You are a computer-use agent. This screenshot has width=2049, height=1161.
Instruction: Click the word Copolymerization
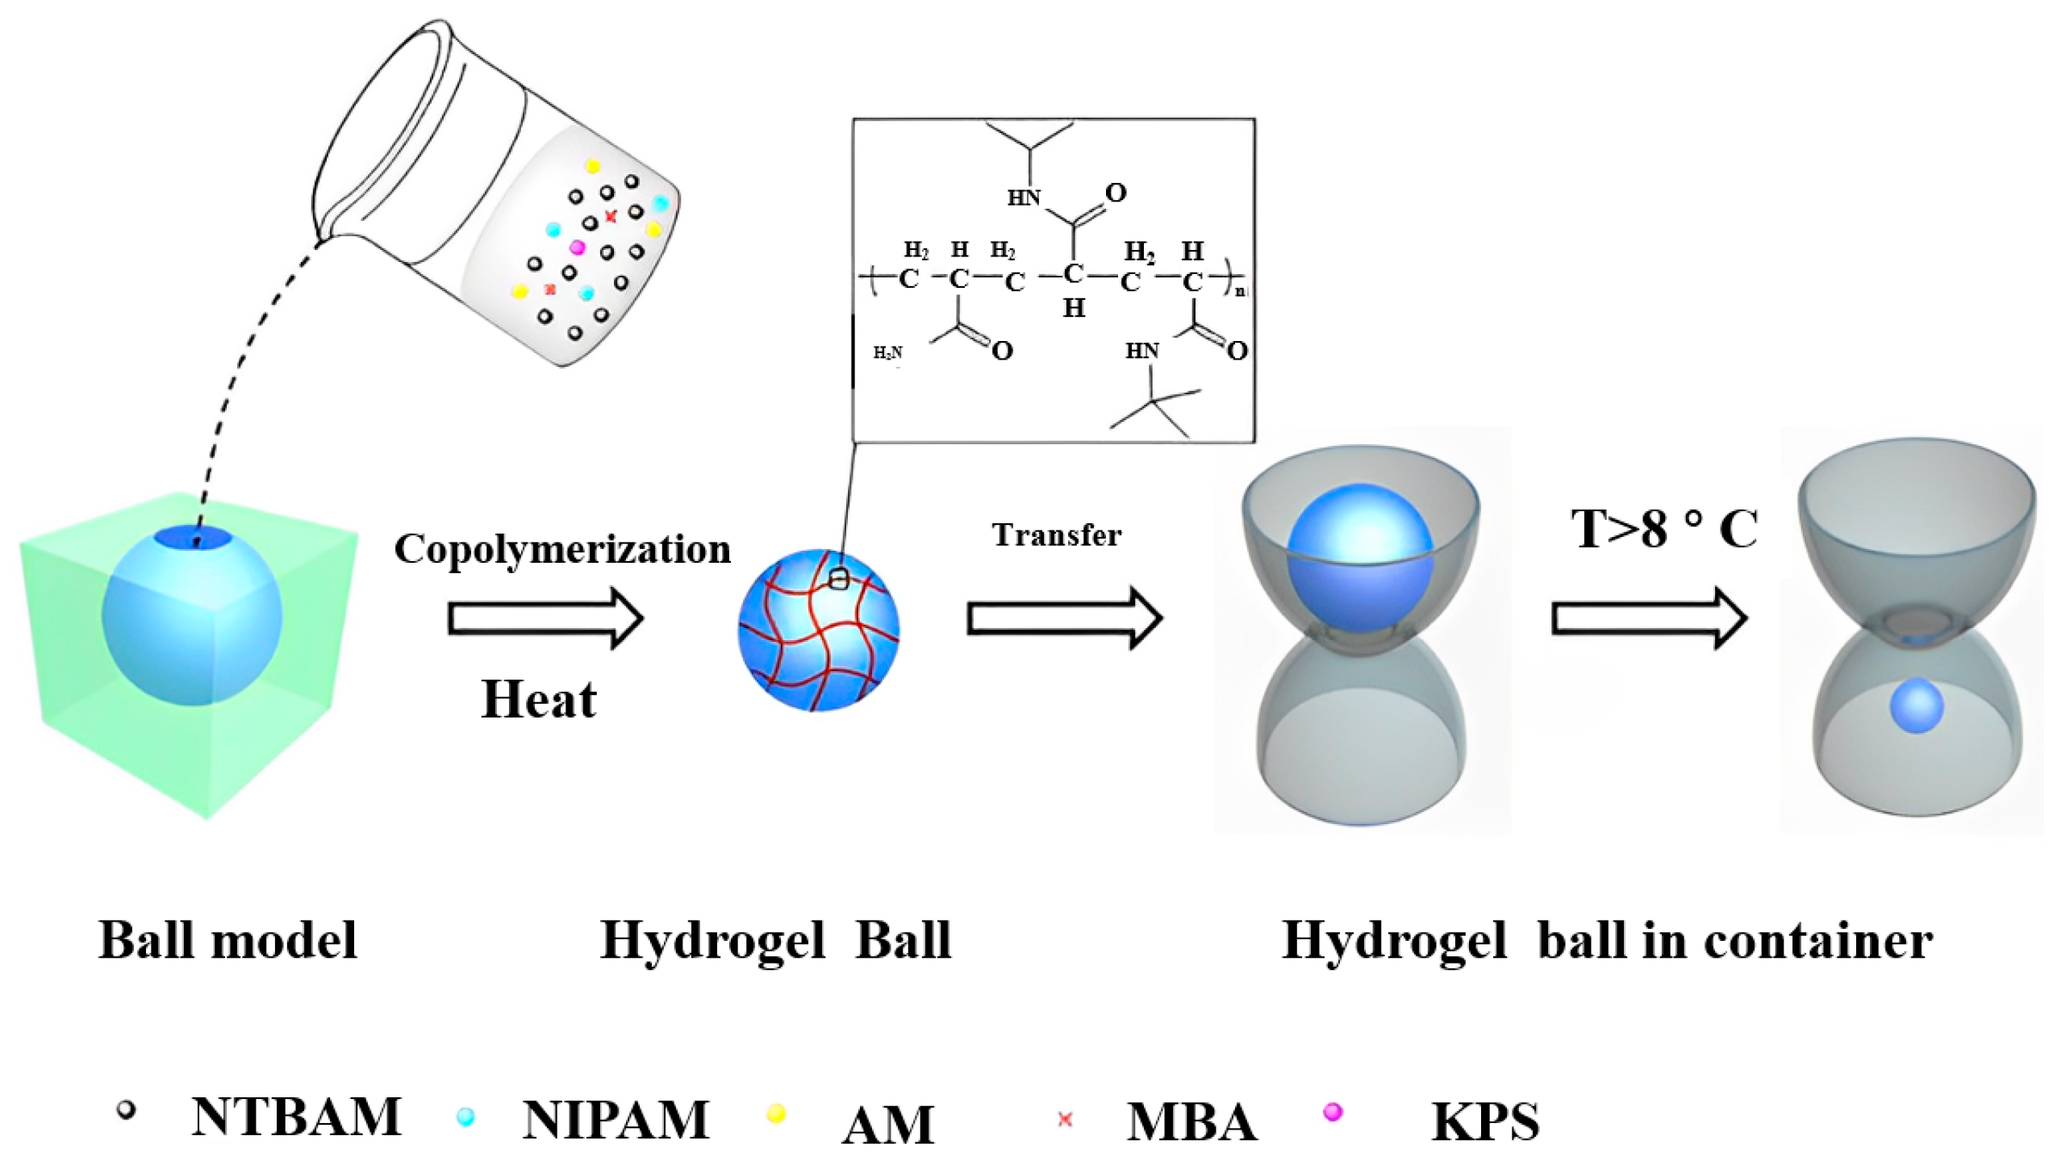562,550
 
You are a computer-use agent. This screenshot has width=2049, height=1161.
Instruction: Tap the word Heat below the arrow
538,699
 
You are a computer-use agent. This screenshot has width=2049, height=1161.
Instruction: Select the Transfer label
1056,535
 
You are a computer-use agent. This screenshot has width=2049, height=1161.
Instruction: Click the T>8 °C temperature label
1663,530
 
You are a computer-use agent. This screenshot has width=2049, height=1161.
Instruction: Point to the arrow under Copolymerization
545,618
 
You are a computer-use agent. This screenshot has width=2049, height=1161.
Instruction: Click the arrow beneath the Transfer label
1064,618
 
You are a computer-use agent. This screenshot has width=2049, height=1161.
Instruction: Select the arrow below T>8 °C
1649,618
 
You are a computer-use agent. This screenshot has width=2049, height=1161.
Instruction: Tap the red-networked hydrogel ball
818,630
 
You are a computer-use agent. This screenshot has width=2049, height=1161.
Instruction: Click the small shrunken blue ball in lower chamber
1917,705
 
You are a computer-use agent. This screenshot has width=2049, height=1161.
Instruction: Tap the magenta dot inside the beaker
577,248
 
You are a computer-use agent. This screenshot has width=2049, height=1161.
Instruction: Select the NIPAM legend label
616,1120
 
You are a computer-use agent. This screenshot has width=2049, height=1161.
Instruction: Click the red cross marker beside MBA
1065,1119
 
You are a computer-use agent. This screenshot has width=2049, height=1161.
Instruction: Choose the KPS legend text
1484,1121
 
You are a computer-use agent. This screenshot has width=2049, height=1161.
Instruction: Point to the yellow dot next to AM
776,1114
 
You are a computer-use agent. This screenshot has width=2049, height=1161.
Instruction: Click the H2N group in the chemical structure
888,353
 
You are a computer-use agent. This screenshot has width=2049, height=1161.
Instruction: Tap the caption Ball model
227,940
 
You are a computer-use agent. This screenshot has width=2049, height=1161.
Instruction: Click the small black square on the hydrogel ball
838,579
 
